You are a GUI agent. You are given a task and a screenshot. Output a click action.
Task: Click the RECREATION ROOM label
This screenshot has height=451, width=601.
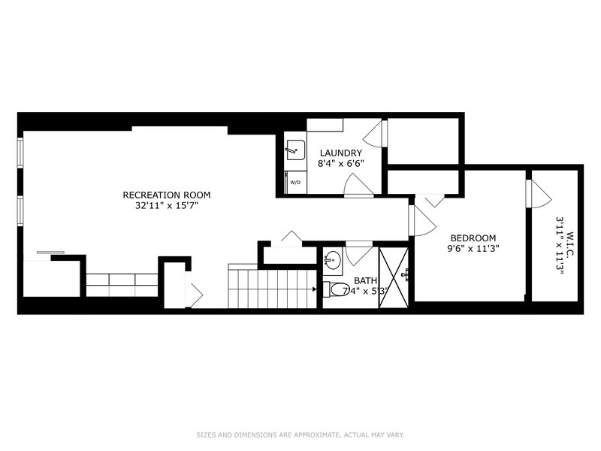click(x=166, y=195)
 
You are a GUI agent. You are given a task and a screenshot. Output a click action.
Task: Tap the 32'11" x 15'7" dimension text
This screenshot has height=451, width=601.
click(x=166, y=205)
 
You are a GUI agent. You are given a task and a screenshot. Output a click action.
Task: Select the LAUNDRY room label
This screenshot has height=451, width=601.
click(x=341, y=153)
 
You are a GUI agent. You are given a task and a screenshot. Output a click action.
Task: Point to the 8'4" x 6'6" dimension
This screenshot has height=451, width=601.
click(x=341, y=163)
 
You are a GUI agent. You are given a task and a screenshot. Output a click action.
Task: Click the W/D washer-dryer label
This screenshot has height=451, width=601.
click(x=295, y=182)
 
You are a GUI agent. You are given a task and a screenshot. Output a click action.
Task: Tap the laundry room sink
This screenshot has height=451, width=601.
click(x=295, y=150)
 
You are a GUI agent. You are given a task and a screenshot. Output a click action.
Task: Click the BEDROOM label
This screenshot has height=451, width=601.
click(x=473, y=238)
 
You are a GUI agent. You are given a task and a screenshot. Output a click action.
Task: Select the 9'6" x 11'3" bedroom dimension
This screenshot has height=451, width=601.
click(x=473, y=248)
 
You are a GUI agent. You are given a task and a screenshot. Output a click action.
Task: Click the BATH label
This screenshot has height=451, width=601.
click(x=365, y=280)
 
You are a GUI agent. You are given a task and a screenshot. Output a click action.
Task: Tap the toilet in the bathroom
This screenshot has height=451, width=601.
click(x=334, y=289)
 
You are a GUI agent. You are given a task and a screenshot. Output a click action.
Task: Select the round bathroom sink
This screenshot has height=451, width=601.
click(x=332, y=261)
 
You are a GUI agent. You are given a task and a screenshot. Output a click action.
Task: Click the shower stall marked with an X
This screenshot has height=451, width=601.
click(x=394, y=277)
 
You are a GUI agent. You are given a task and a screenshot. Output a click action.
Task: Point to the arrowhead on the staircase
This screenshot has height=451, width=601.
click(x=315, y=289)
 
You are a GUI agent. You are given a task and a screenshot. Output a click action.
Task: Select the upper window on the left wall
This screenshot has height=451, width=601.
click(x=20, y=153)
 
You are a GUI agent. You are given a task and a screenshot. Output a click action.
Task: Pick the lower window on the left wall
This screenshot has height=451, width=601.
click(x=20, y=210)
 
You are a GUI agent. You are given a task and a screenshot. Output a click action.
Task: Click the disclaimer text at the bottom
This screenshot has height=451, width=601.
click(x=300, y=435)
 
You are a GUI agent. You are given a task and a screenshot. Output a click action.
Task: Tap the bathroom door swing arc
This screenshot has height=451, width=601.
click(x=359, y=255)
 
